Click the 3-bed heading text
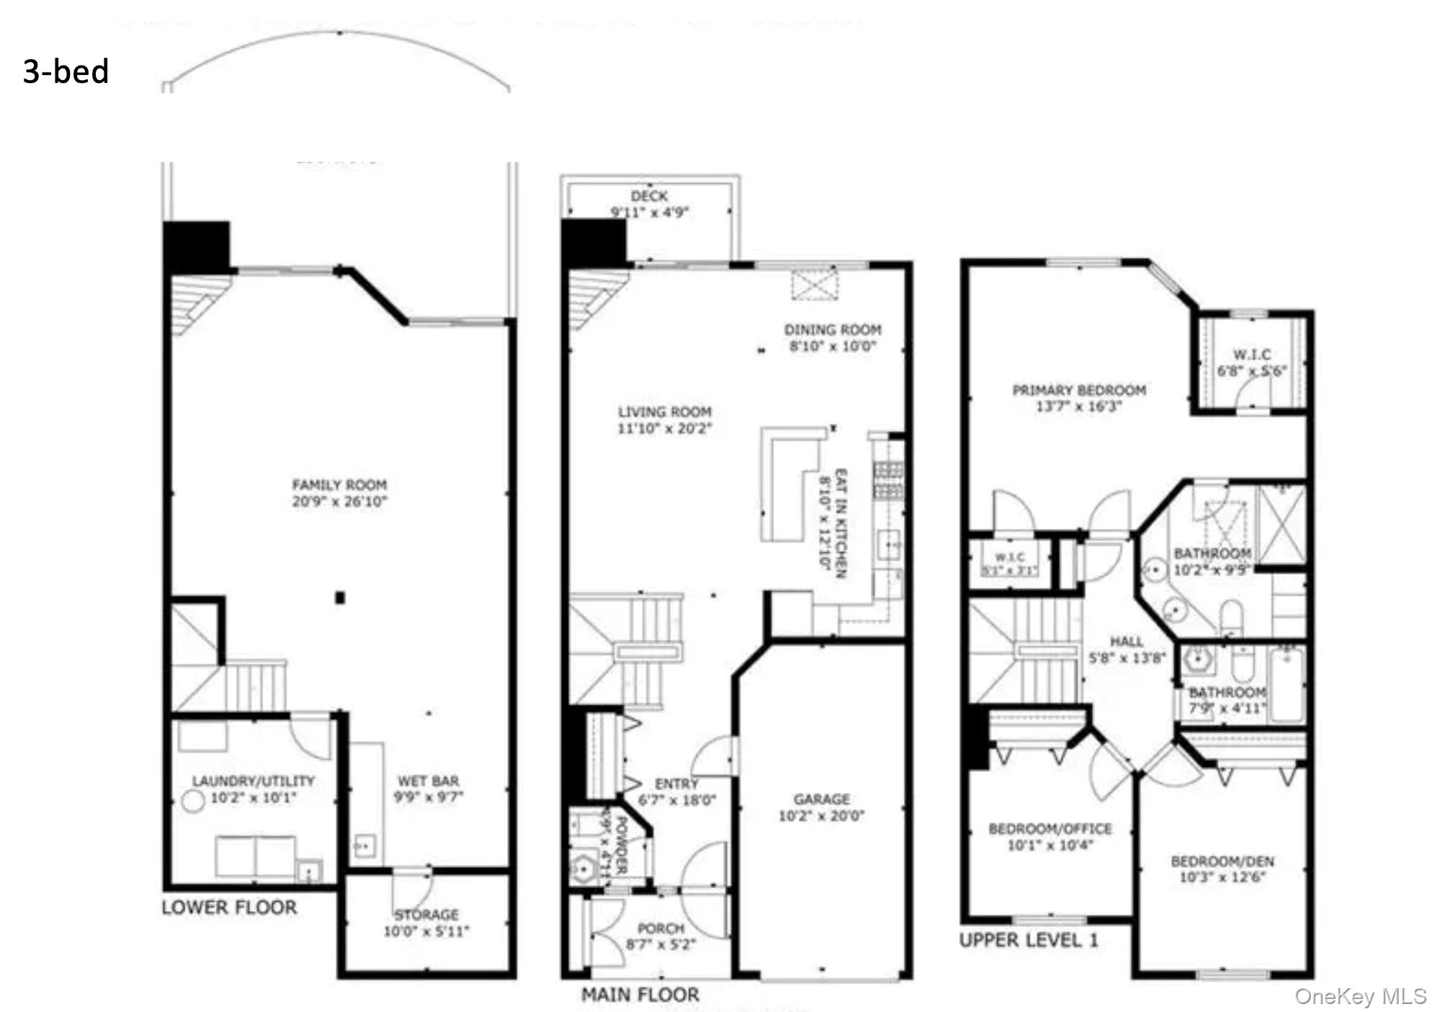point(66,71)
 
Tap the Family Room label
point(339,485)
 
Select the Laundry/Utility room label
point(254,781)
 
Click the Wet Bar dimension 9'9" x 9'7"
point(428,797)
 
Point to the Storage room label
point(426,914)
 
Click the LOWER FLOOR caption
point(229,907)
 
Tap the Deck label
point(649,196)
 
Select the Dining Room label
point(833,329)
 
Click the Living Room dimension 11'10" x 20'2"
point(664,429)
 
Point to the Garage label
point(821,799)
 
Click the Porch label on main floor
point(661,928)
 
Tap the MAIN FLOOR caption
point(640,995)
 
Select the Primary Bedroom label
point(1079,390)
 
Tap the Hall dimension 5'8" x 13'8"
point(1127,658)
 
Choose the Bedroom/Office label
point(1050,829)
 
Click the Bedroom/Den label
point(1222,861)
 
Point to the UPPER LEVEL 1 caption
point(1029,940)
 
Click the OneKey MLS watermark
point(1360,996)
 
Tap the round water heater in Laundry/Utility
point(192,801)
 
